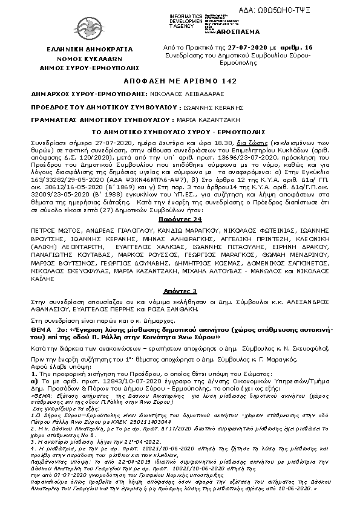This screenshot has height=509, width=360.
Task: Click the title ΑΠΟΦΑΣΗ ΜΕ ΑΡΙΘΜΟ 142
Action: pos(180,81)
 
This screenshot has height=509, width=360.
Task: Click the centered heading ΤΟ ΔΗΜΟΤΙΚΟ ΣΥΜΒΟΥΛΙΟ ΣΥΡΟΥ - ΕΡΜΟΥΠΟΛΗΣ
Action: pos(180,131)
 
